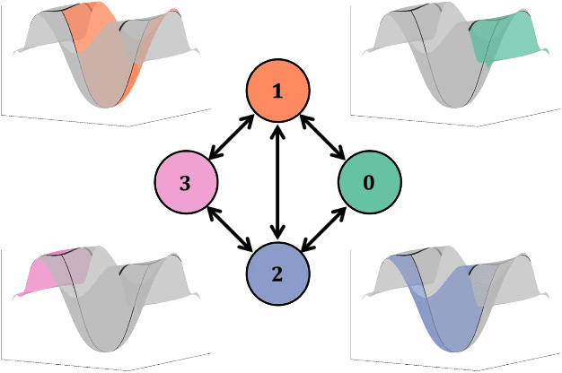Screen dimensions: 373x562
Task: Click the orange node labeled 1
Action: (x=278, y=91)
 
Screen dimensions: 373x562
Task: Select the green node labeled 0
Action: (x=368, y=182)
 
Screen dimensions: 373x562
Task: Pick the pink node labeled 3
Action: (x=185, y=182)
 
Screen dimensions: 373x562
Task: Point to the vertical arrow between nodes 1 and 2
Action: (x=278, y=182)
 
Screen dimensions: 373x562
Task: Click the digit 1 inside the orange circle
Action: (x=278, y=91)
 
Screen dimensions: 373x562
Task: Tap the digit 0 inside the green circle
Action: (x=368, y=182)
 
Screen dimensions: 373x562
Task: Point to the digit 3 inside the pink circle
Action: (x=185, y=182)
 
